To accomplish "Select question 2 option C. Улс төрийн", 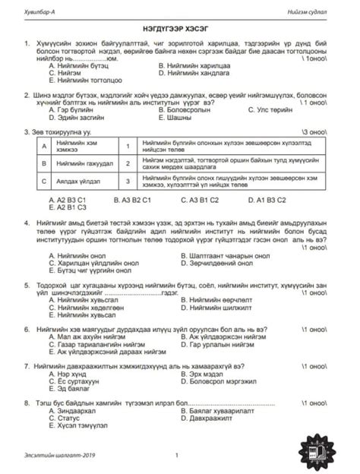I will point(275,111).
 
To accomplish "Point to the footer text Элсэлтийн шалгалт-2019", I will point(57,456).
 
